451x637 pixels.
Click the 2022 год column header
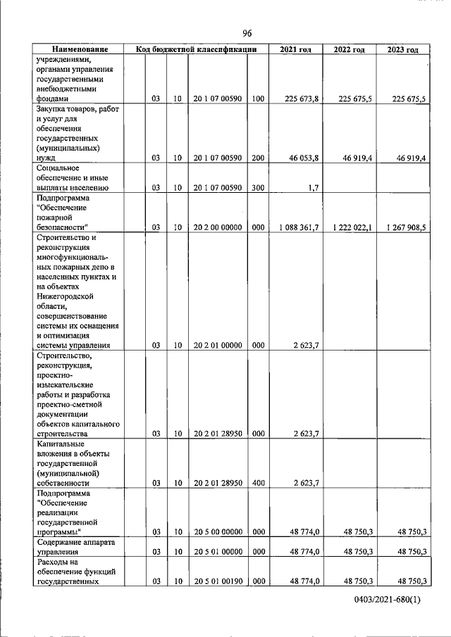coord(349,49)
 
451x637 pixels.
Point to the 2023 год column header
coord(402,49)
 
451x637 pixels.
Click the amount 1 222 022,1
coord(347,227)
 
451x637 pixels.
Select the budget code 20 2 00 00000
coord(217,227)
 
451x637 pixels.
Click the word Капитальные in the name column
coord(61,444)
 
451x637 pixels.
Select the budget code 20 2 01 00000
coord(217,346)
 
